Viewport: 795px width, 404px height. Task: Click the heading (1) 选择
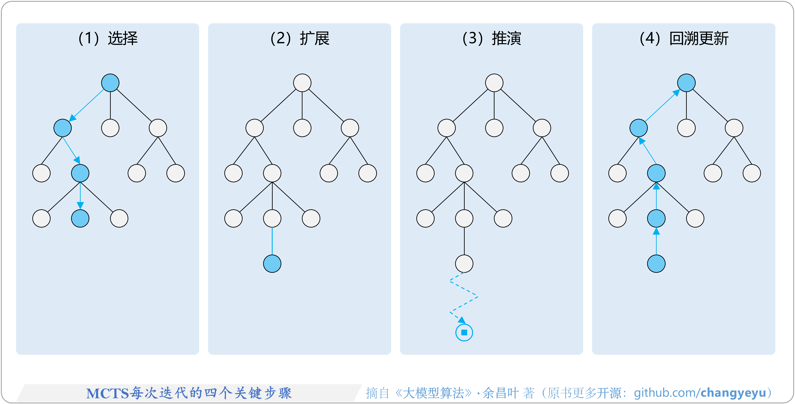coord(108,39)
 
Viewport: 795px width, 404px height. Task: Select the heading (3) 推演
coord(492,39)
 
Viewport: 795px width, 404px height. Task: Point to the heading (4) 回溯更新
coord(684,39)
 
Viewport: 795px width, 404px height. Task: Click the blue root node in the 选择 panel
coord(110,83)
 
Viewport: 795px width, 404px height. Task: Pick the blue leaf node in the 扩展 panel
coord(272,264)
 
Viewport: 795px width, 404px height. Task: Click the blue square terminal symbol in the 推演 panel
coord(464,332)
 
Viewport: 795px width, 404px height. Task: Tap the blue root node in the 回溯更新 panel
coord(686,83)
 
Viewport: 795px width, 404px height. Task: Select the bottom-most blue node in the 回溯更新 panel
coord(656,264)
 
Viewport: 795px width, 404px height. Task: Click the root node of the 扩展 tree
coord(302,83)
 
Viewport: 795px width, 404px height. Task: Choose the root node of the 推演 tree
coord(494,83)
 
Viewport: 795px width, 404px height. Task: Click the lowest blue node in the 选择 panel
coord(80,219)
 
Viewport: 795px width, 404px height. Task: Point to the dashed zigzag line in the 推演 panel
coord(464,296)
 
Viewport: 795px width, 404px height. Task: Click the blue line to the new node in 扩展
coord(272,241)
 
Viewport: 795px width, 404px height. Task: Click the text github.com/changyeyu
coord(700,393)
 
